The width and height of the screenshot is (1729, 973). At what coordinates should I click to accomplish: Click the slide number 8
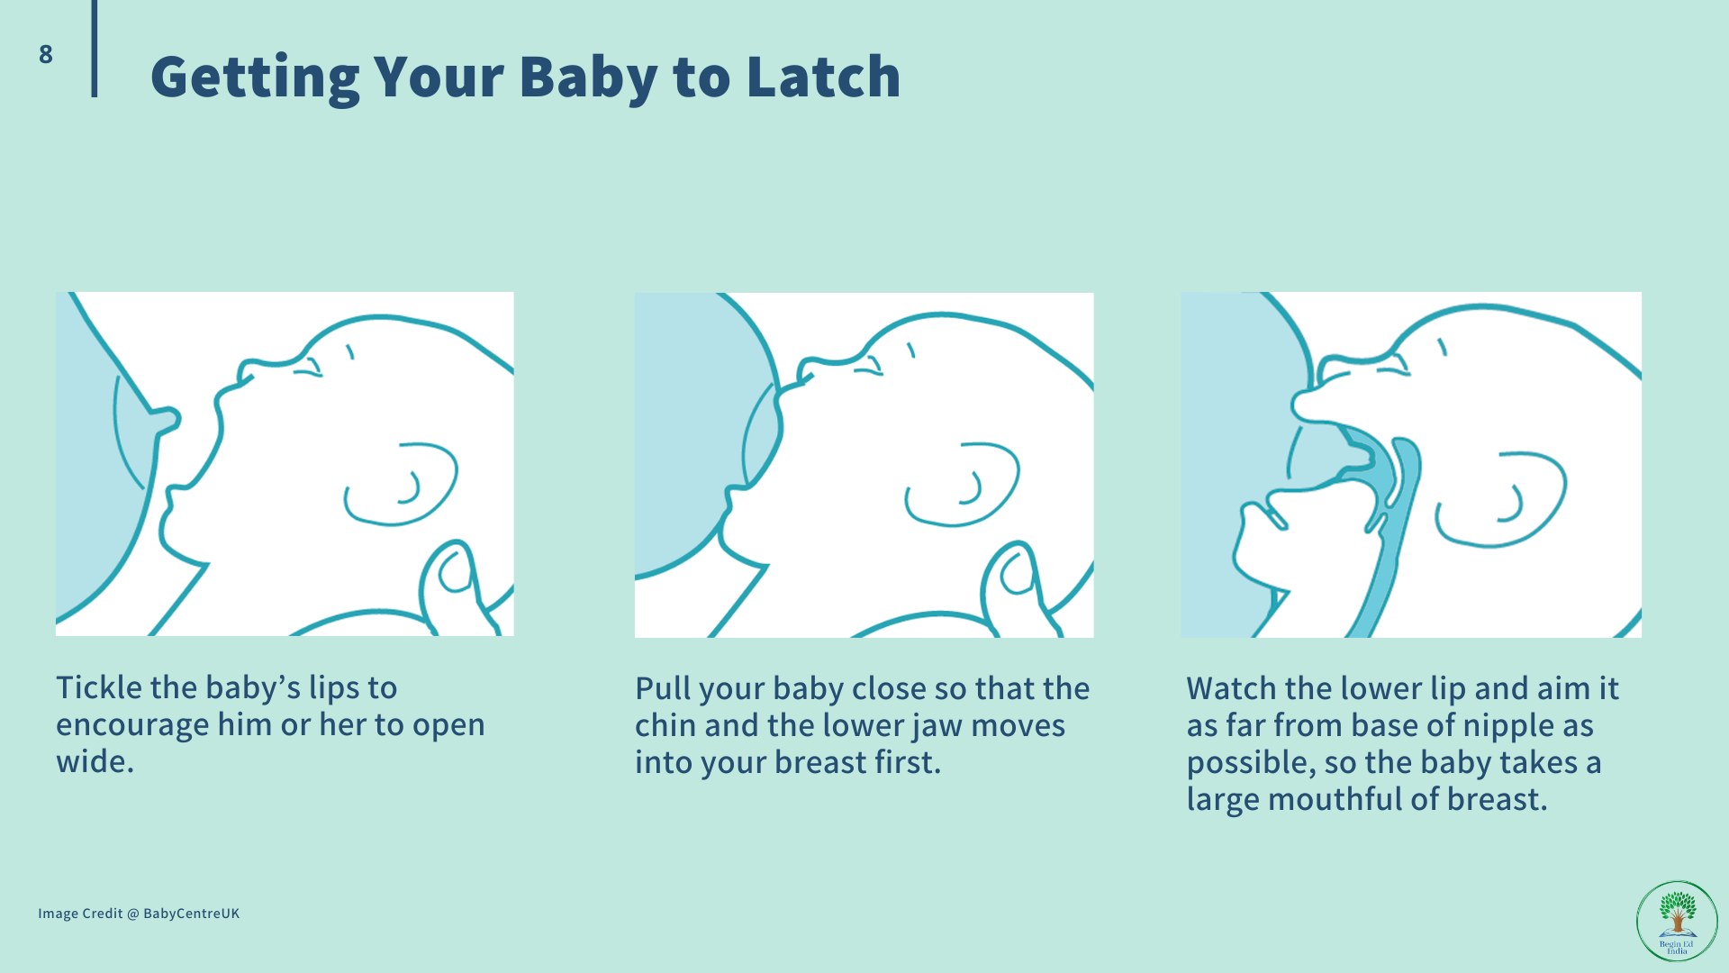point(46,54)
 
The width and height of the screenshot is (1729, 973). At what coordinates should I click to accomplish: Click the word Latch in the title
point(823,77)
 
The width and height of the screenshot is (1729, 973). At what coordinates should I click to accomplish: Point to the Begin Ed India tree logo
point(1677,921)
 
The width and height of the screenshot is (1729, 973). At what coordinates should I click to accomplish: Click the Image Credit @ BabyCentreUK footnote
point(139,914)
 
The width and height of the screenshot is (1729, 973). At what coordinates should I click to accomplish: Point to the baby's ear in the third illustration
point(1501,499)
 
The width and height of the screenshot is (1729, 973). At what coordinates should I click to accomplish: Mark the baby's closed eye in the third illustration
point(1392,368)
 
